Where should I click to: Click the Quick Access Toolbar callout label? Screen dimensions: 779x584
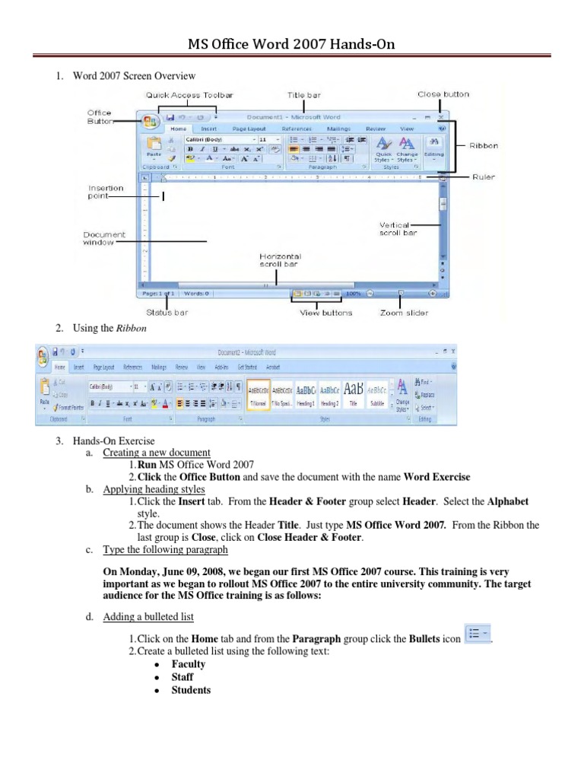coord(190,95)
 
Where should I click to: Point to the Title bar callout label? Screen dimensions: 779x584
coord(303,95)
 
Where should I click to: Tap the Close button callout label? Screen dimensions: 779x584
coord(443,94)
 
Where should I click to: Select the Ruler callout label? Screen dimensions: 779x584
coord(483,176)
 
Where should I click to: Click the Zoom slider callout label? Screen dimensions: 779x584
coord(405,313)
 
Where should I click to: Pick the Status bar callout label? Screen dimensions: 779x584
coord(167,313)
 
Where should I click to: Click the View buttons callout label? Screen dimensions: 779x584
coord(326,313)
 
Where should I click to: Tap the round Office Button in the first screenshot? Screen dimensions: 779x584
coord(150,120)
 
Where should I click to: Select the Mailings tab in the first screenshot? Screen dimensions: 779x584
coord(338,129)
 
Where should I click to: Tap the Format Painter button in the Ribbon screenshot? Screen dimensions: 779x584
coord(69,408)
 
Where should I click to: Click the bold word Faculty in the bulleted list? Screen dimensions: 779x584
coord(188,664)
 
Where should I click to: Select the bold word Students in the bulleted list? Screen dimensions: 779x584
coord(191,690)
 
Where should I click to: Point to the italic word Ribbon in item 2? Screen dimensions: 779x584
coord(131,328)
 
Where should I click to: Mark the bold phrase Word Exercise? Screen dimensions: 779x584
coord(436,477)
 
